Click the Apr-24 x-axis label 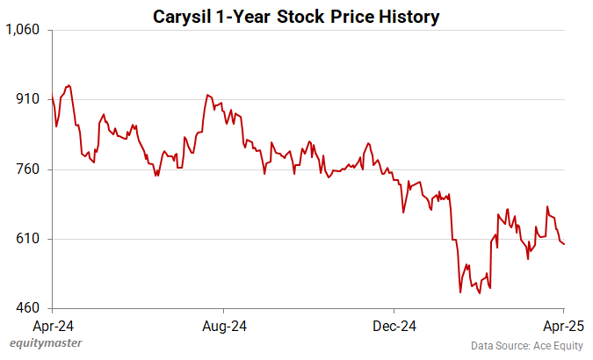tap(53, 326)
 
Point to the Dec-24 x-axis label tap(394, 326)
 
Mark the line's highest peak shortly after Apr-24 tap(69, 85)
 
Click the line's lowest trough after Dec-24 tap(460, 292)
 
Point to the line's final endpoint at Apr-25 tap(564, 244)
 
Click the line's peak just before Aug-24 tap(207, 95)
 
